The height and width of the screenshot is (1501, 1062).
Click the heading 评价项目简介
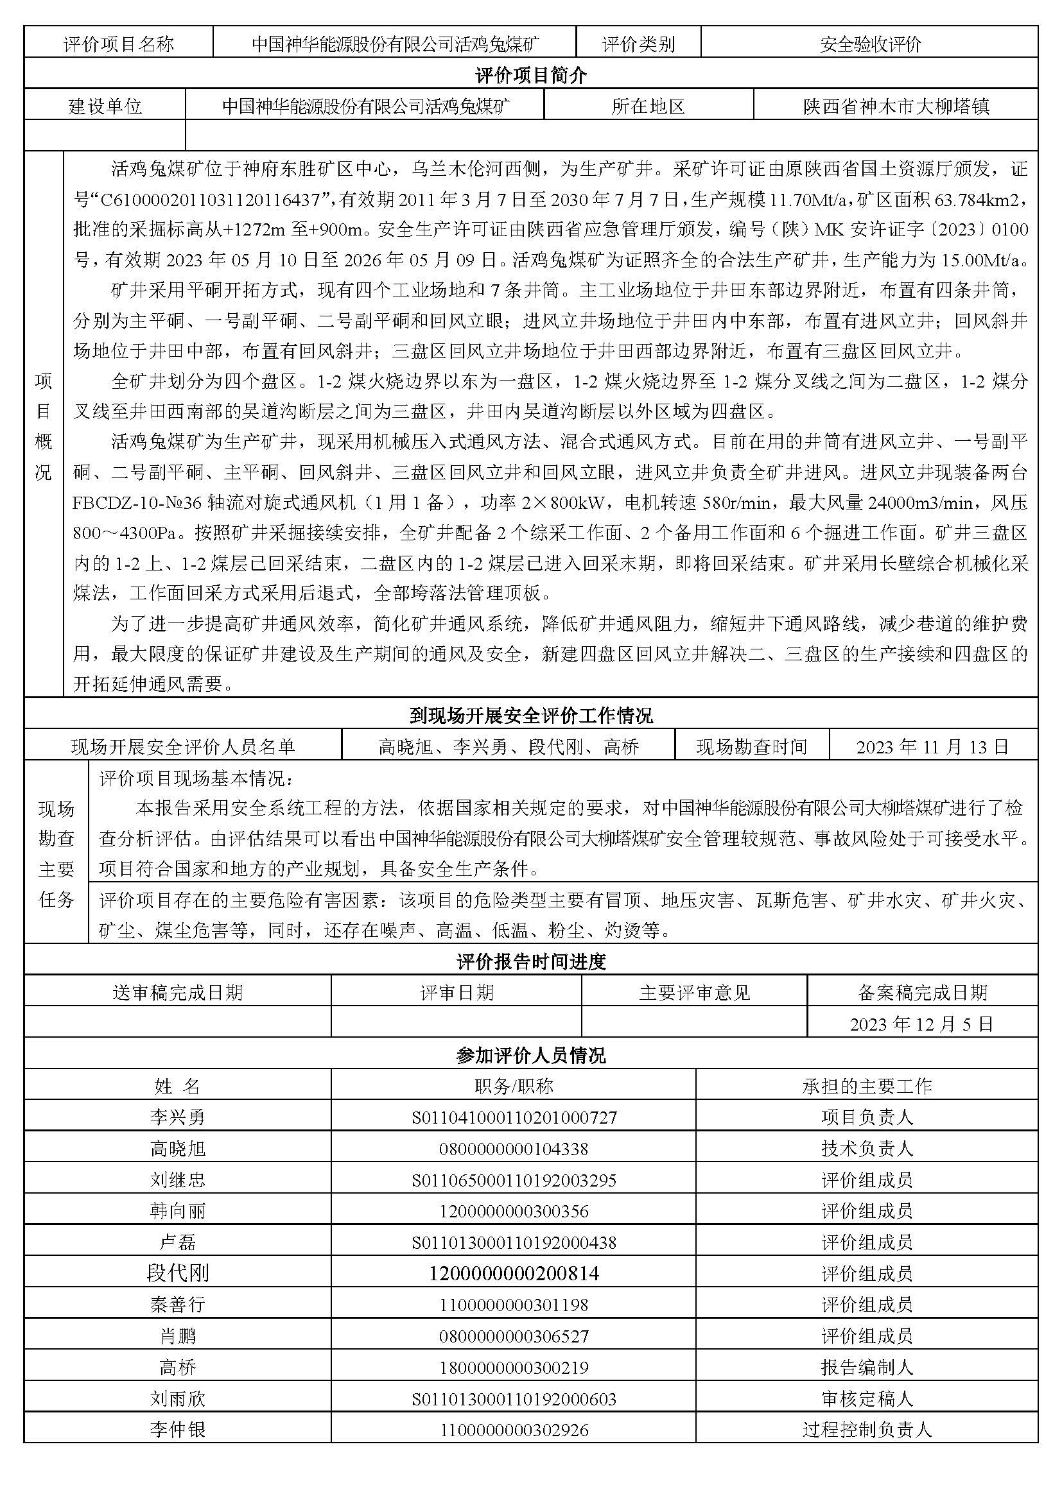(x=530, y=76)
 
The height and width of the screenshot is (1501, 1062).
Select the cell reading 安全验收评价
(x=870, y=44)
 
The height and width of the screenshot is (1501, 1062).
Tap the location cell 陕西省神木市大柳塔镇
(x=895, y=107)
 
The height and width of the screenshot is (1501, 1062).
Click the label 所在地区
(x=647, y=107)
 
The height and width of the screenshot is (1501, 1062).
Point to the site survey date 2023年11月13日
(x=932, y=746)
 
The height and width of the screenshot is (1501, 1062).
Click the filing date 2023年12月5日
(x=921, y=1024)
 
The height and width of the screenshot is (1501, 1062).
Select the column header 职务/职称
(x=514, y=1086)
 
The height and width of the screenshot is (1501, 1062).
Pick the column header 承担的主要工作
(x=866, y=1086)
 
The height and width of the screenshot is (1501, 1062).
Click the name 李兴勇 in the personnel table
(x=177, y=1117)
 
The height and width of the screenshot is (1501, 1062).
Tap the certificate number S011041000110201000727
(x=514, y=1117)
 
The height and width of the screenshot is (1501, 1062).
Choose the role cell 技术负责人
(x=866, y=1149)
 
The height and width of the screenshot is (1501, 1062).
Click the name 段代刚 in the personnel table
(x=177, y=1273)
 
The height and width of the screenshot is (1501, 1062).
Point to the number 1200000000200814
(x=514, y=1273)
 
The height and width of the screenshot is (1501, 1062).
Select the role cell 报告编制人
(x=866, y=1368)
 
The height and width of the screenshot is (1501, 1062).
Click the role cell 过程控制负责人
(x=866, y=1430)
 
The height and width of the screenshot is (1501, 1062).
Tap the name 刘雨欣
(x=177, y=1399)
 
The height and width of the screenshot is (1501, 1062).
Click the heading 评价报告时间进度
(x=530, y=962)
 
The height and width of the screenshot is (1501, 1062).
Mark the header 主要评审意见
(x=694, y=993)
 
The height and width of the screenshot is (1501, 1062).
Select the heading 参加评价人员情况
(x=530, y=1055)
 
